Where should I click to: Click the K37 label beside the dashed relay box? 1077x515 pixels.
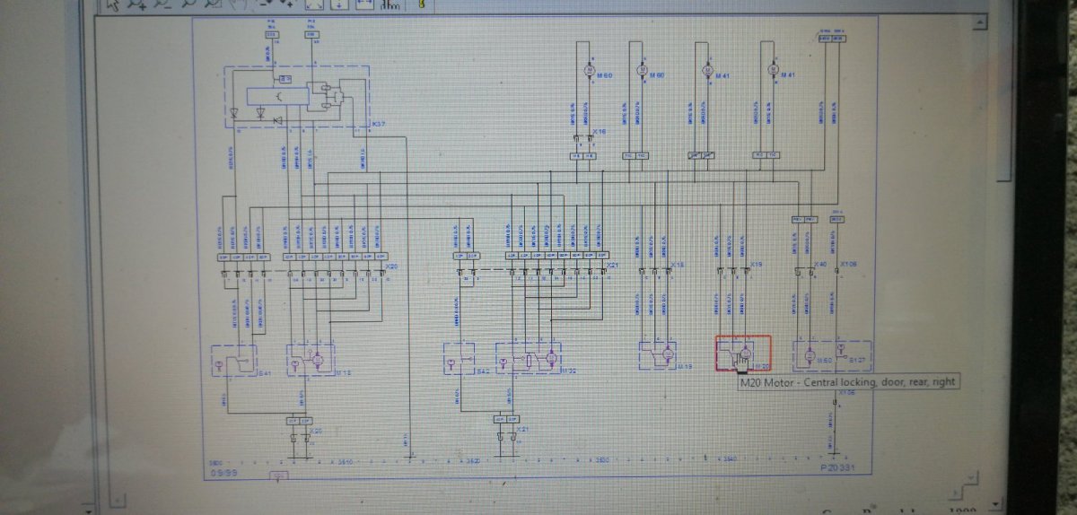377,125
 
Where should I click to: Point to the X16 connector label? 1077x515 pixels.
600,132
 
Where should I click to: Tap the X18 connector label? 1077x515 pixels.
679,266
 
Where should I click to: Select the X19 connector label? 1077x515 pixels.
756,266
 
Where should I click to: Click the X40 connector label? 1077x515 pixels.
820,266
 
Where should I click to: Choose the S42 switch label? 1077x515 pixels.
483,371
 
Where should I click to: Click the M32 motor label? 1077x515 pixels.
567,370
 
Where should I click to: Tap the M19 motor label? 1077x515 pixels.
684,367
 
